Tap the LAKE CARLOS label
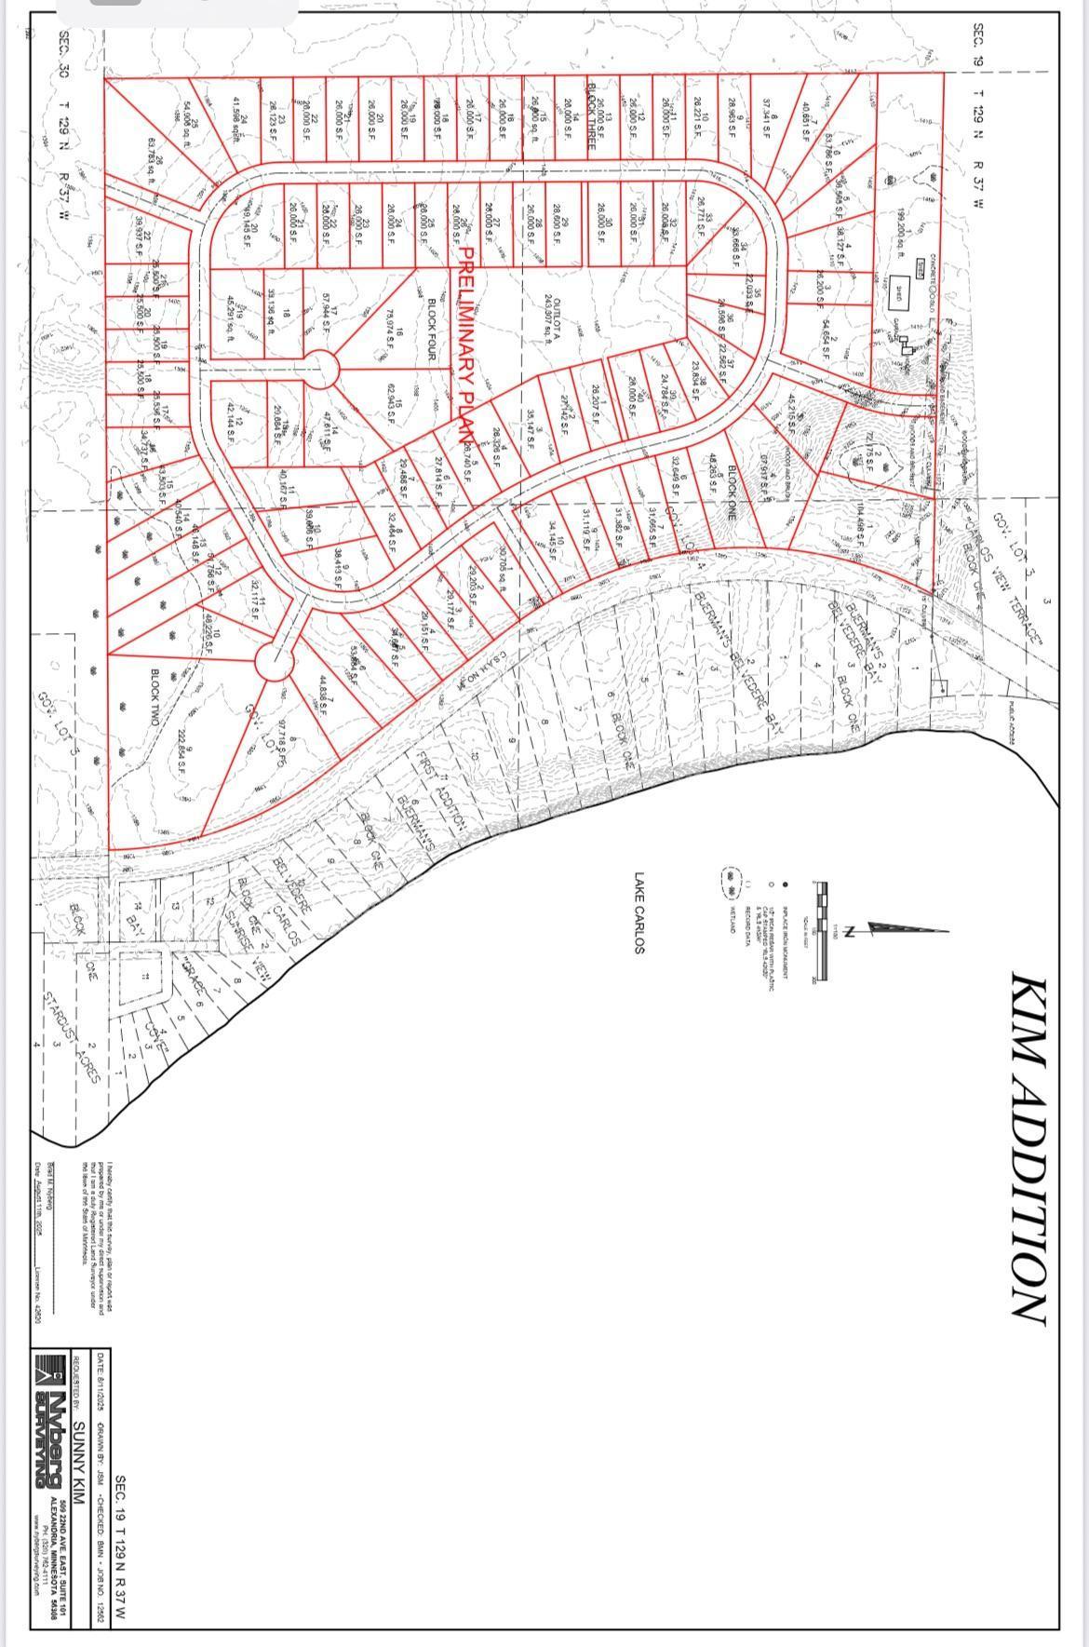click(x=639, y=912)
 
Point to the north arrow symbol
click(x=907, y=928)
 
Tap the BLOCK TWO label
click(x=155, y=690)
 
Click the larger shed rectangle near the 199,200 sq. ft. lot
click(x=901, y=288)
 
